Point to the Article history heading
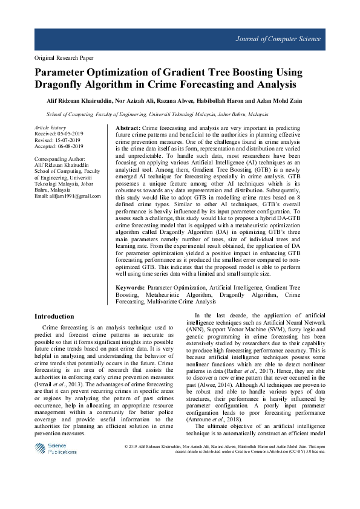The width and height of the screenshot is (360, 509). [50, 128]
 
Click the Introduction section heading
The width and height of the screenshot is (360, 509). [54, 316]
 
